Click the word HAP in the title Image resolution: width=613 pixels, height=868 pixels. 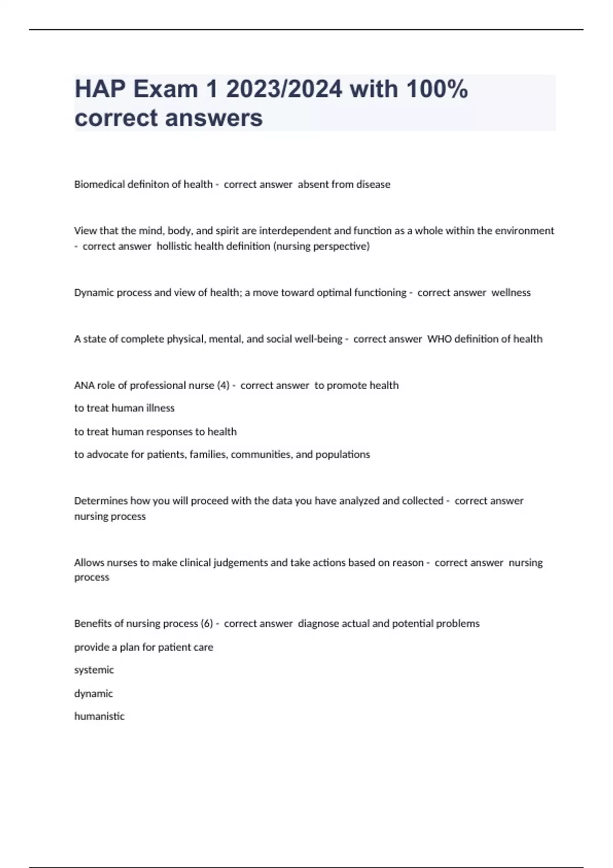point(100,89)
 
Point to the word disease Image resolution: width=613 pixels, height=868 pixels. point(373,184)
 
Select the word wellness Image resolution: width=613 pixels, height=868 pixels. point(511,293)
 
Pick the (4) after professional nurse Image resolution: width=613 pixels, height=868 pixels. point(223,385)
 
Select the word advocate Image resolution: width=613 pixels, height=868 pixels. point(107,454)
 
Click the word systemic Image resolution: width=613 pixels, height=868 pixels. point(94,670)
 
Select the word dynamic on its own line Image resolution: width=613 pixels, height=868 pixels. point(93,693)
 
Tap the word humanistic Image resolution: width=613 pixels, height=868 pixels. point(99,716)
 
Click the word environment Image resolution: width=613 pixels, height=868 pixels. point(524,231)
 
